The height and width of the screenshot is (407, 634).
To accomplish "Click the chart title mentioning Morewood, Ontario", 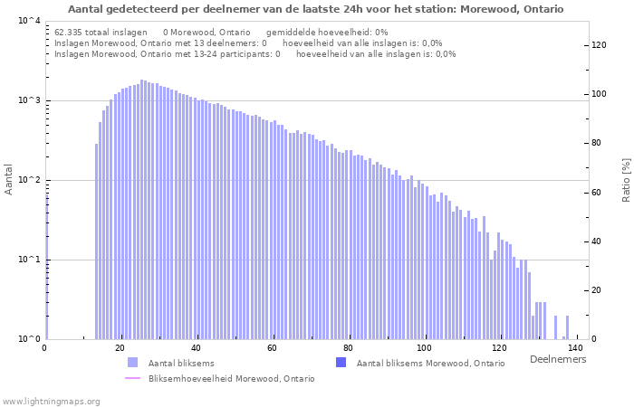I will tap(315, 9).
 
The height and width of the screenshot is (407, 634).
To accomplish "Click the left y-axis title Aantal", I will tap(9, 179).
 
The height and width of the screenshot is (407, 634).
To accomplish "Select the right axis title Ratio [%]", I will tap(626, 179).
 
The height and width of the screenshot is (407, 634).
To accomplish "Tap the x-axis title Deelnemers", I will tap(557, 359).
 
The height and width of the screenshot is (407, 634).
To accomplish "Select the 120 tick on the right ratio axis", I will tap(599, 45).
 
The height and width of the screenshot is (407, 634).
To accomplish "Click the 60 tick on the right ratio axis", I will tap(599, 193).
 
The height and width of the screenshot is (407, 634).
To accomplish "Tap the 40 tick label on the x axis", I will tap(196, 348).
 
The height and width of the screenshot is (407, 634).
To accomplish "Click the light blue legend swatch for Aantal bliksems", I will tap(132, 363).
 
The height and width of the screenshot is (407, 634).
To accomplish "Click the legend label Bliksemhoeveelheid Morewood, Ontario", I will tap(231, 378).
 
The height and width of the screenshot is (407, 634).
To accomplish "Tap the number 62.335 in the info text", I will tap(68, 32).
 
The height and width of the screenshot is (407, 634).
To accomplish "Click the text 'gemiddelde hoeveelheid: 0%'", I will tap(327, 32).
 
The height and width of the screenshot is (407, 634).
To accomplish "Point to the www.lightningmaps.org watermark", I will tap(51, 401).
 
